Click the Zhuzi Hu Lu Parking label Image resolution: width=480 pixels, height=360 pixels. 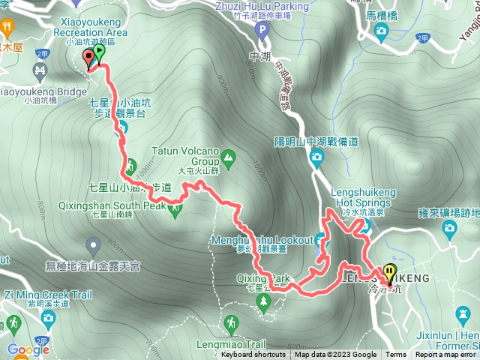(260, 7)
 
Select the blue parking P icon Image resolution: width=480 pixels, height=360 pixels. (261, 31)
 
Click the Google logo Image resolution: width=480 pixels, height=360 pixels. (28, 349)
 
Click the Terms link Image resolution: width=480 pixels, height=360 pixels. (396, 355)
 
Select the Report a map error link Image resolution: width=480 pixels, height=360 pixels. (446, 355)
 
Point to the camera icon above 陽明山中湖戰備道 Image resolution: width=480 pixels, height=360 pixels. (316, 157)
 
